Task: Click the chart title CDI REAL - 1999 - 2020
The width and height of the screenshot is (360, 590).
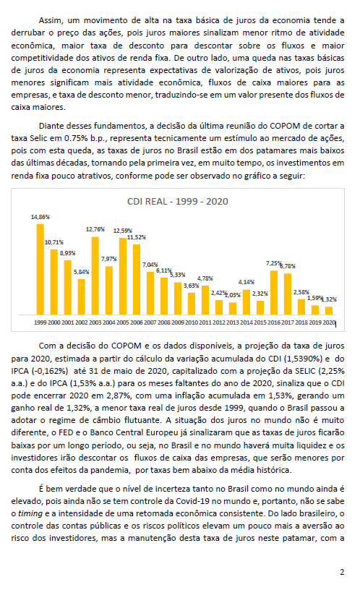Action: click(178, 201)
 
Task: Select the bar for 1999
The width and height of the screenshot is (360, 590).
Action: click(40, 270)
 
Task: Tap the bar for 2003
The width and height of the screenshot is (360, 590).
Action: click(95, 275)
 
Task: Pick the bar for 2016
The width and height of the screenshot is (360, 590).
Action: click(274, 293)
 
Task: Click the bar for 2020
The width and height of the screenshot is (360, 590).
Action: click(329, 310)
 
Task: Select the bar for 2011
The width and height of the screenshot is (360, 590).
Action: click(205, 300)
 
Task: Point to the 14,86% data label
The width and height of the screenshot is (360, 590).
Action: click(40, 217)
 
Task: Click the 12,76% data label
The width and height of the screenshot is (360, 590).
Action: click(95, 229)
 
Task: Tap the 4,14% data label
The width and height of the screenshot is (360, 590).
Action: click(247, 282)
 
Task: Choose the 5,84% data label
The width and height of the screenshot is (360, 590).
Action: click(81, 272)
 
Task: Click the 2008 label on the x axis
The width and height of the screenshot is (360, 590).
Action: click(164, 322)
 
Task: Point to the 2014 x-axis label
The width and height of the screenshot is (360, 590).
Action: click(247, 322)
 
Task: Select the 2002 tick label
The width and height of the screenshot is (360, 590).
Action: click(81, 322)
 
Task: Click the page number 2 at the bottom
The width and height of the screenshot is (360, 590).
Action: click(342, 572)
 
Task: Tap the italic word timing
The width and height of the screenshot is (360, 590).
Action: click(30, 513)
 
